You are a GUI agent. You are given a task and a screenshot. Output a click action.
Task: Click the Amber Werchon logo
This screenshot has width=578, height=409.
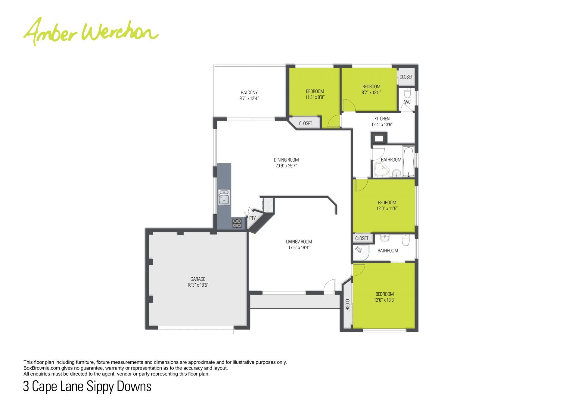[91, 32]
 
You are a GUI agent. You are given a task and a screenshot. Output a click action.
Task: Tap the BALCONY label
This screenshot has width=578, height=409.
[249, 93]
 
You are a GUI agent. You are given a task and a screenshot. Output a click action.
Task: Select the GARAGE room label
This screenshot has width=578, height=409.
[198, 279]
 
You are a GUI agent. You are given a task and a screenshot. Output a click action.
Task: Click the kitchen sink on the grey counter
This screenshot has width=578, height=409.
[224, 197]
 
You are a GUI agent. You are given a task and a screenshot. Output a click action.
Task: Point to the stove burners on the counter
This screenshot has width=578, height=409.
[237, 223]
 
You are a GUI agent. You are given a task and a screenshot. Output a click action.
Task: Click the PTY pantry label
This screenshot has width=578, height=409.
[252, 218]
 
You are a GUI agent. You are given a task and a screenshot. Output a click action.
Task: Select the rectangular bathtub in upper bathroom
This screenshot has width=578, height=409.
[409, 162]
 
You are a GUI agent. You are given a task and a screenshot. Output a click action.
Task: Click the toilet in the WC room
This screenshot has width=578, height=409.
[407, 93]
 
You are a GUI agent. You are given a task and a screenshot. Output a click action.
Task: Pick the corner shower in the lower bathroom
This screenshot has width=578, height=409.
[361, 252]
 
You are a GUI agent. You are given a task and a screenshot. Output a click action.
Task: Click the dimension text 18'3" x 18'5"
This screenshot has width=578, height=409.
[198, 285]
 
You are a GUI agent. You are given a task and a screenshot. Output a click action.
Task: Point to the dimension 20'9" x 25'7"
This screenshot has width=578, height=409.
[286, 165]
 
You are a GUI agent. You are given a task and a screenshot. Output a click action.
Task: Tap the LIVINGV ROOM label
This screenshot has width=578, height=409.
[299, 242]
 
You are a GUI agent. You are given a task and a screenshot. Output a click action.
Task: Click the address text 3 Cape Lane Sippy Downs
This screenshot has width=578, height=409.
[87, 386]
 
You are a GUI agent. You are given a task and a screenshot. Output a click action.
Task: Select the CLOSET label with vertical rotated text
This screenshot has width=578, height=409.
[347, 306]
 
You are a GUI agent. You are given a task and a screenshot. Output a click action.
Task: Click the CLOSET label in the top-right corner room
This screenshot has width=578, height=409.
[406, 77]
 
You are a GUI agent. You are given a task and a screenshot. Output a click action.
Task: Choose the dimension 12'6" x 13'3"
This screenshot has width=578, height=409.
[384, 300]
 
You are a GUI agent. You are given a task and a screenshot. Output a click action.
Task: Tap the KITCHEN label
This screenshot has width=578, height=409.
[382, 119]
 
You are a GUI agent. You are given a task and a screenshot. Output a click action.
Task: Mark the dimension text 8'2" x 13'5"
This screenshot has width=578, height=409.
[371, 93]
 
